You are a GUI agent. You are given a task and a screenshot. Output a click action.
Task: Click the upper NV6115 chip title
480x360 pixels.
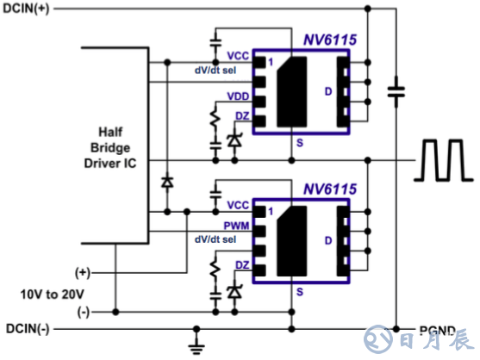coord(331,40)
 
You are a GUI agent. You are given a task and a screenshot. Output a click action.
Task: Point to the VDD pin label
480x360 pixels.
coord(238,96)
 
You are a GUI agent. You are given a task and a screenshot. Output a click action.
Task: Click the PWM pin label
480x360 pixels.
coord(237,225)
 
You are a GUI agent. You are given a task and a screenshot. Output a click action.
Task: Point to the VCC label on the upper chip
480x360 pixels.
coord(238,56)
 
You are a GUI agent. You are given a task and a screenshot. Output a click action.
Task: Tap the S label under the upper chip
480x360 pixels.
coord(299,142)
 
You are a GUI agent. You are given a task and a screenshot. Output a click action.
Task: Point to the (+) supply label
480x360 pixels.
coord(83,273)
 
